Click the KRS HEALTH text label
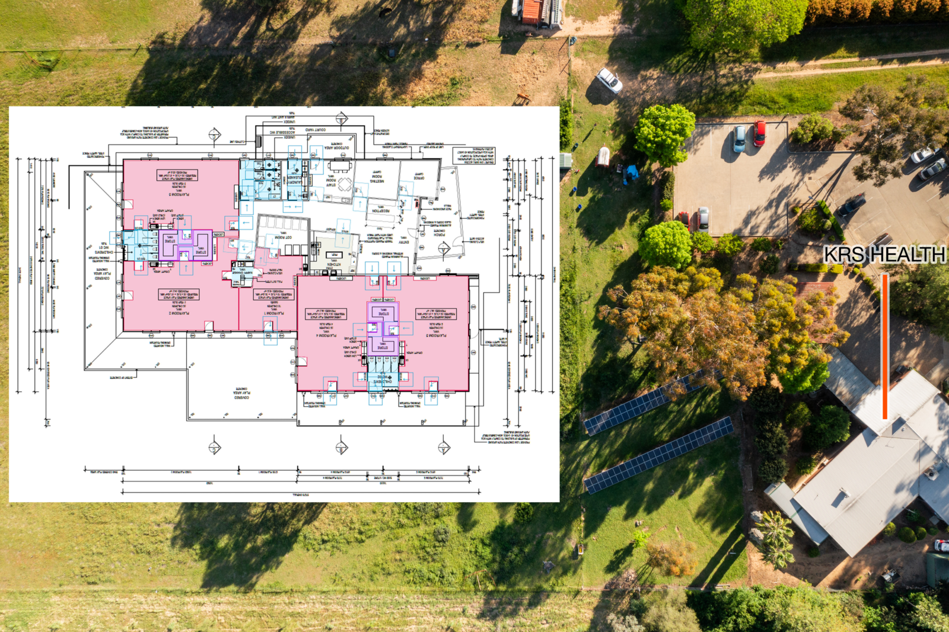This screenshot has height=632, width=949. pos(884,254)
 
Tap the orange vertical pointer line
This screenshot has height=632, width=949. pos(884,346)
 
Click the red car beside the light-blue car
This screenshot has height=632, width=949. pos(759,133)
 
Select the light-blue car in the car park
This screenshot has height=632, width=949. pos(739,139)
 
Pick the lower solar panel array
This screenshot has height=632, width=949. pos(658,455)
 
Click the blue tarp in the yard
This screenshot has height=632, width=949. pos(632,173)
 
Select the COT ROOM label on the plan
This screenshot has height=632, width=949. pos(283,238)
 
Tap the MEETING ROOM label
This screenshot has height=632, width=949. pos(377,178)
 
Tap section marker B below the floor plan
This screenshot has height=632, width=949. pos(342,448)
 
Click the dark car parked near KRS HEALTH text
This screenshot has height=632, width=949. pos(852,206)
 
